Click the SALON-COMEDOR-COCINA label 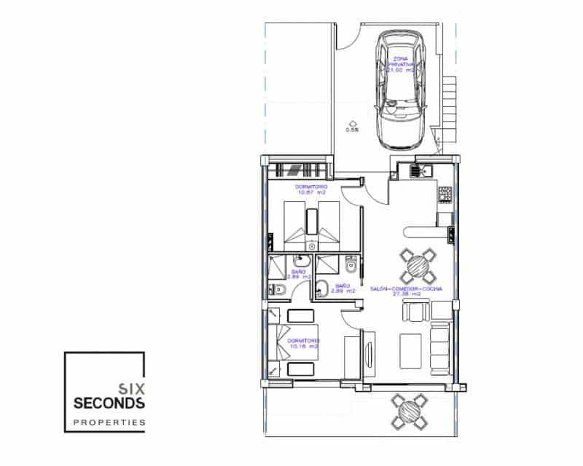tap(411, 290)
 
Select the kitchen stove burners tap(444, 194)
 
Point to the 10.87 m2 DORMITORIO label tap(311, 189)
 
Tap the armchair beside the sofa tap(414, 312)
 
